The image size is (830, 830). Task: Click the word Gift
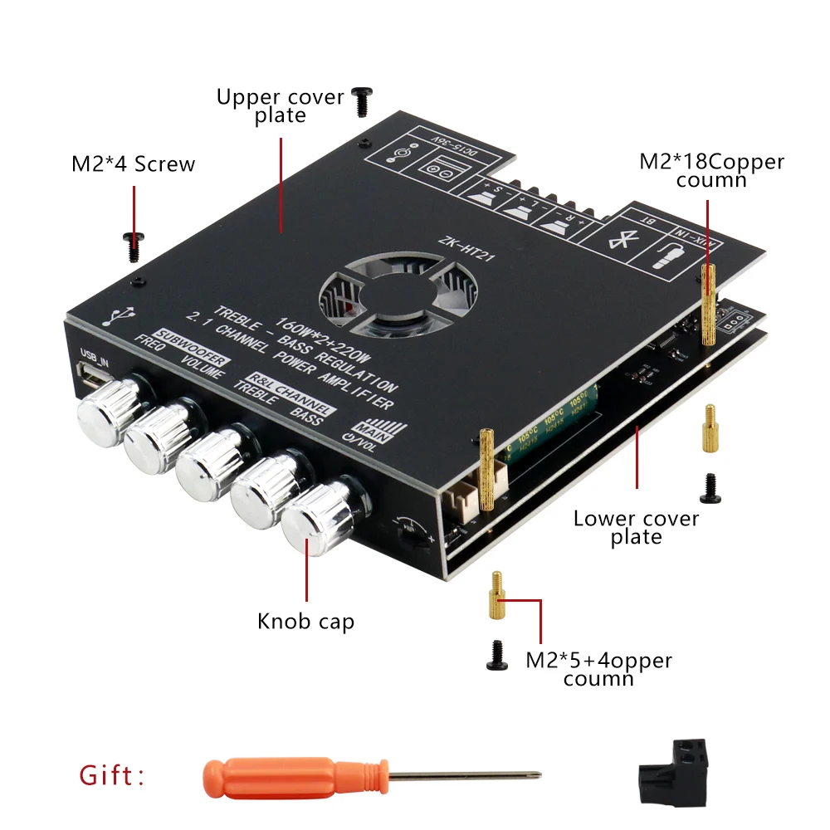pyautogui.click(x=111, y=777)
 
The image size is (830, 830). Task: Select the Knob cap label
pyautogui.click(x=305, y=621)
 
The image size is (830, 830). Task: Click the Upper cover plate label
pyautogui.click(x=280, y=105)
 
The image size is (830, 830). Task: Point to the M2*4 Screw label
pyautogui.click(x=133, y=164)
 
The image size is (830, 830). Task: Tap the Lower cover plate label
pyautogui.click(x=636, y=528)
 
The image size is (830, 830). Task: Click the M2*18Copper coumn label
pyautogui.click(x=710, y=169)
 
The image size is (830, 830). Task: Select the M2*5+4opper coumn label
pyautogui.click(x=598, y=669)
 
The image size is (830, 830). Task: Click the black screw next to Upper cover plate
pyautogui.click(x=362, y=101)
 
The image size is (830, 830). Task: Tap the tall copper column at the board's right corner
pyautogui.click(x=709, y=305)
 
